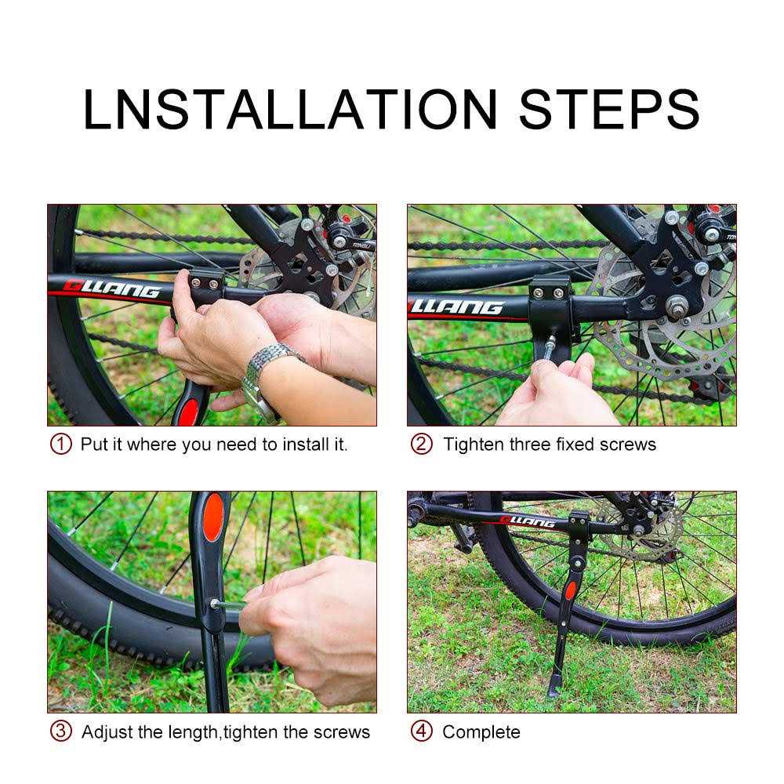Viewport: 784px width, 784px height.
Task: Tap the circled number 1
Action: coord(61,445)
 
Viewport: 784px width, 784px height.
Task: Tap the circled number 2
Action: coord(422,445)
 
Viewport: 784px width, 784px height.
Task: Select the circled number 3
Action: coord(61,732)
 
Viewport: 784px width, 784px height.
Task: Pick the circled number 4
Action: coord(422,732)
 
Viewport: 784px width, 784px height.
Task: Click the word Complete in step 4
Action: coord(481,732)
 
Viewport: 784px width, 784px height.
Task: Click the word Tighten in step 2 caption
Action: coord(474,445)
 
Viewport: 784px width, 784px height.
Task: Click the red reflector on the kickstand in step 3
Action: coord(212,517)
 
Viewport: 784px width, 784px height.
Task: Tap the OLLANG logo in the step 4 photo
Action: coord(527,521)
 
